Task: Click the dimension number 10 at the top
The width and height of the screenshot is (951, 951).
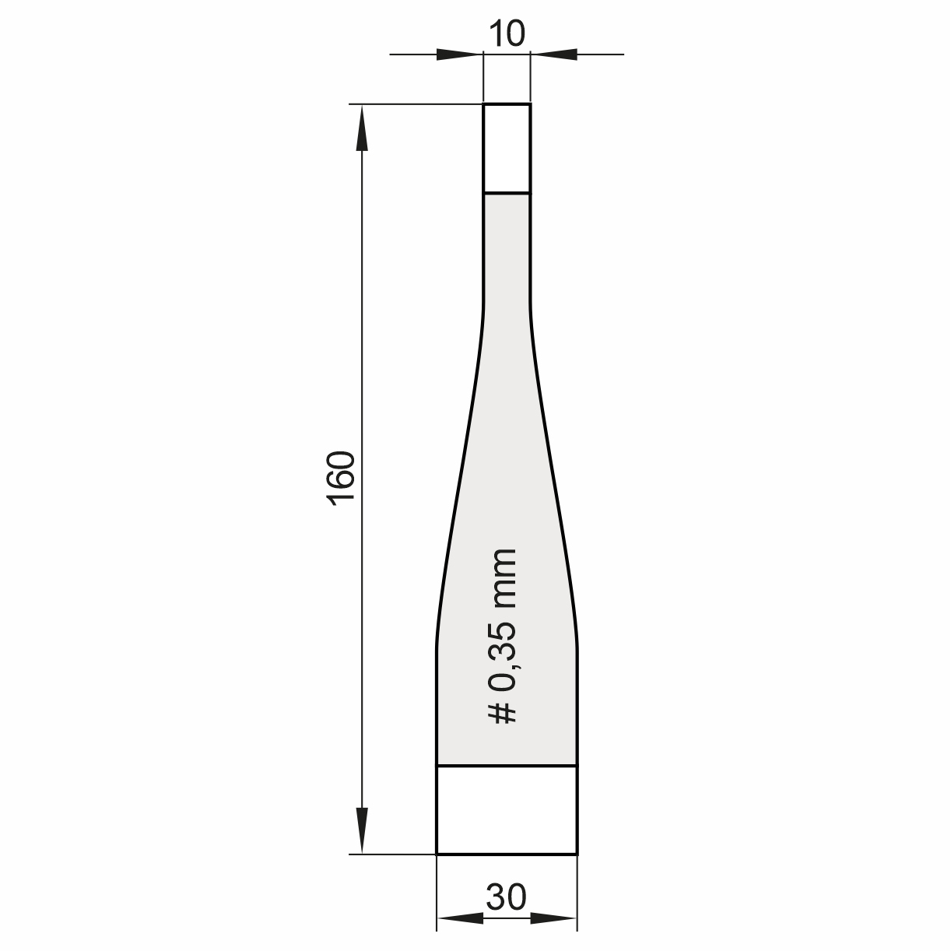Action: (x=507, y=34)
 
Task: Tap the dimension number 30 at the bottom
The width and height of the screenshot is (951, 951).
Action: (x=507, y=897)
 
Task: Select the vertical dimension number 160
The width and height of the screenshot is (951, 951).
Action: (x=341, y=478)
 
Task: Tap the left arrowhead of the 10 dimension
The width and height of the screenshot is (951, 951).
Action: (x=459, y=54)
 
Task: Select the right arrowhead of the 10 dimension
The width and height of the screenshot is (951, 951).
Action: (x=554, y=54)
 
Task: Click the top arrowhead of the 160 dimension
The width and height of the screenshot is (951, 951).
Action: (x=362, y=128)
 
